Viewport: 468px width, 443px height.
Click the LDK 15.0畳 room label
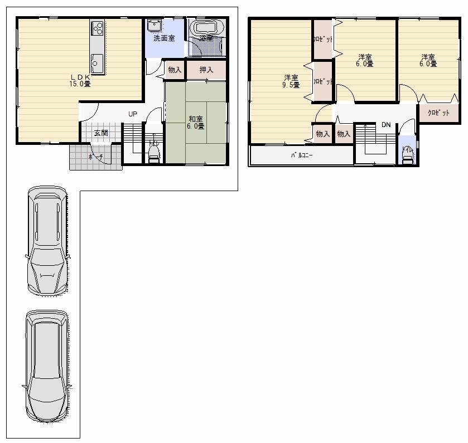80,80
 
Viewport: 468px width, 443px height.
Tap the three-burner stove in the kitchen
97,28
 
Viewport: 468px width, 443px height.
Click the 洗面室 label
164,38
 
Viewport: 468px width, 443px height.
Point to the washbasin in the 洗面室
155,26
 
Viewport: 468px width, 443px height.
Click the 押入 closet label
206,70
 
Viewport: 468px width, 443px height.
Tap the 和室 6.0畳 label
196,122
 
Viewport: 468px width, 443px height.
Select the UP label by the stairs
132,114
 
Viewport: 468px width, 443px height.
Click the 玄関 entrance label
100,133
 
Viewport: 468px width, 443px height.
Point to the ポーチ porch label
95,158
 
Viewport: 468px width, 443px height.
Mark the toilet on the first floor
153,153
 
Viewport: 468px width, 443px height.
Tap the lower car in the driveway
47,367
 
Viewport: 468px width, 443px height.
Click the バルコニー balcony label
301,155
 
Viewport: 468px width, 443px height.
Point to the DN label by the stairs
385,125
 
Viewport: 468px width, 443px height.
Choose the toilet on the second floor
407,155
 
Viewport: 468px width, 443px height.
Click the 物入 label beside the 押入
175,70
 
